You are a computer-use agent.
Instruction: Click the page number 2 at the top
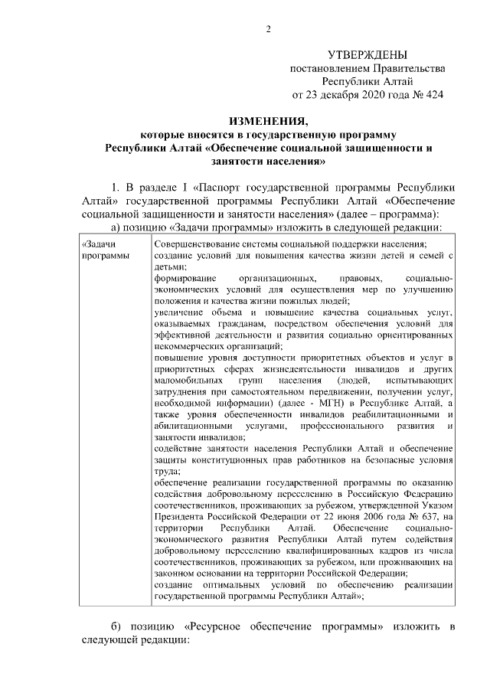[269, 30]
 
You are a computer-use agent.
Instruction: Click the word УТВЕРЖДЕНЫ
[367, 55]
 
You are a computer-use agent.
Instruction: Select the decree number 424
[434, 95]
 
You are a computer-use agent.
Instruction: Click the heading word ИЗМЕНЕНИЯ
[268, 122]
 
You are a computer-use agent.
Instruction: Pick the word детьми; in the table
[169, 266]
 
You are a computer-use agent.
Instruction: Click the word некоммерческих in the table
[188, 346]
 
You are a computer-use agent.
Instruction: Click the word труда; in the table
[167, 472]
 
